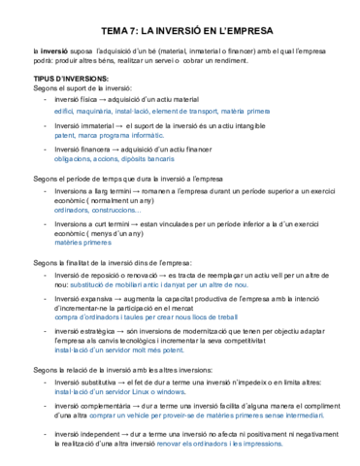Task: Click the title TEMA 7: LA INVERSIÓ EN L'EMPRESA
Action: tap(180, 30)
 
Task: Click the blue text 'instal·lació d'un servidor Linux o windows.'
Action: tap(127, 392)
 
